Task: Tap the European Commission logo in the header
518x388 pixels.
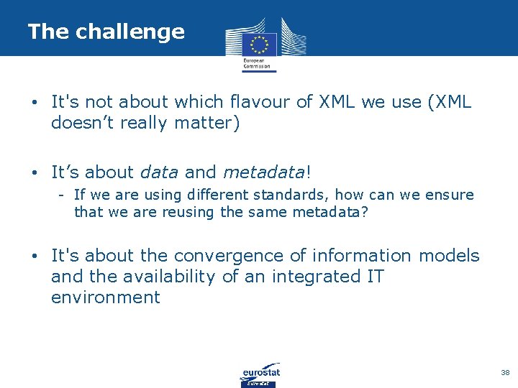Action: point(259,43)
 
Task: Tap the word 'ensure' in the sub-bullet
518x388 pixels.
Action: point(450,195)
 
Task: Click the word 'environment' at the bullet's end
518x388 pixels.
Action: point(105,297)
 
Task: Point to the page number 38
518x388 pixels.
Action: point(504,373)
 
